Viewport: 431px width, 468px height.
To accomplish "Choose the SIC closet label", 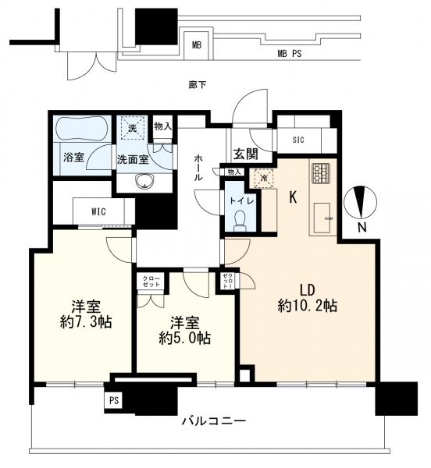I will click(298, 140).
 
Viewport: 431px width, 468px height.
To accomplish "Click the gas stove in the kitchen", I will click(321, 171).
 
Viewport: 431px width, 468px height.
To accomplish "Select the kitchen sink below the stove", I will click(321, 219).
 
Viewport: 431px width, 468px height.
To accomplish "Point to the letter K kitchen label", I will click(293, 197).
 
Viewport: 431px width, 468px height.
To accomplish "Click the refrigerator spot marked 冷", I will click(263, 178).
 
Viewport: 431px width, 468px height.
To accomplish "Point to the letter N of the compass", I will click(362, 228).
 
